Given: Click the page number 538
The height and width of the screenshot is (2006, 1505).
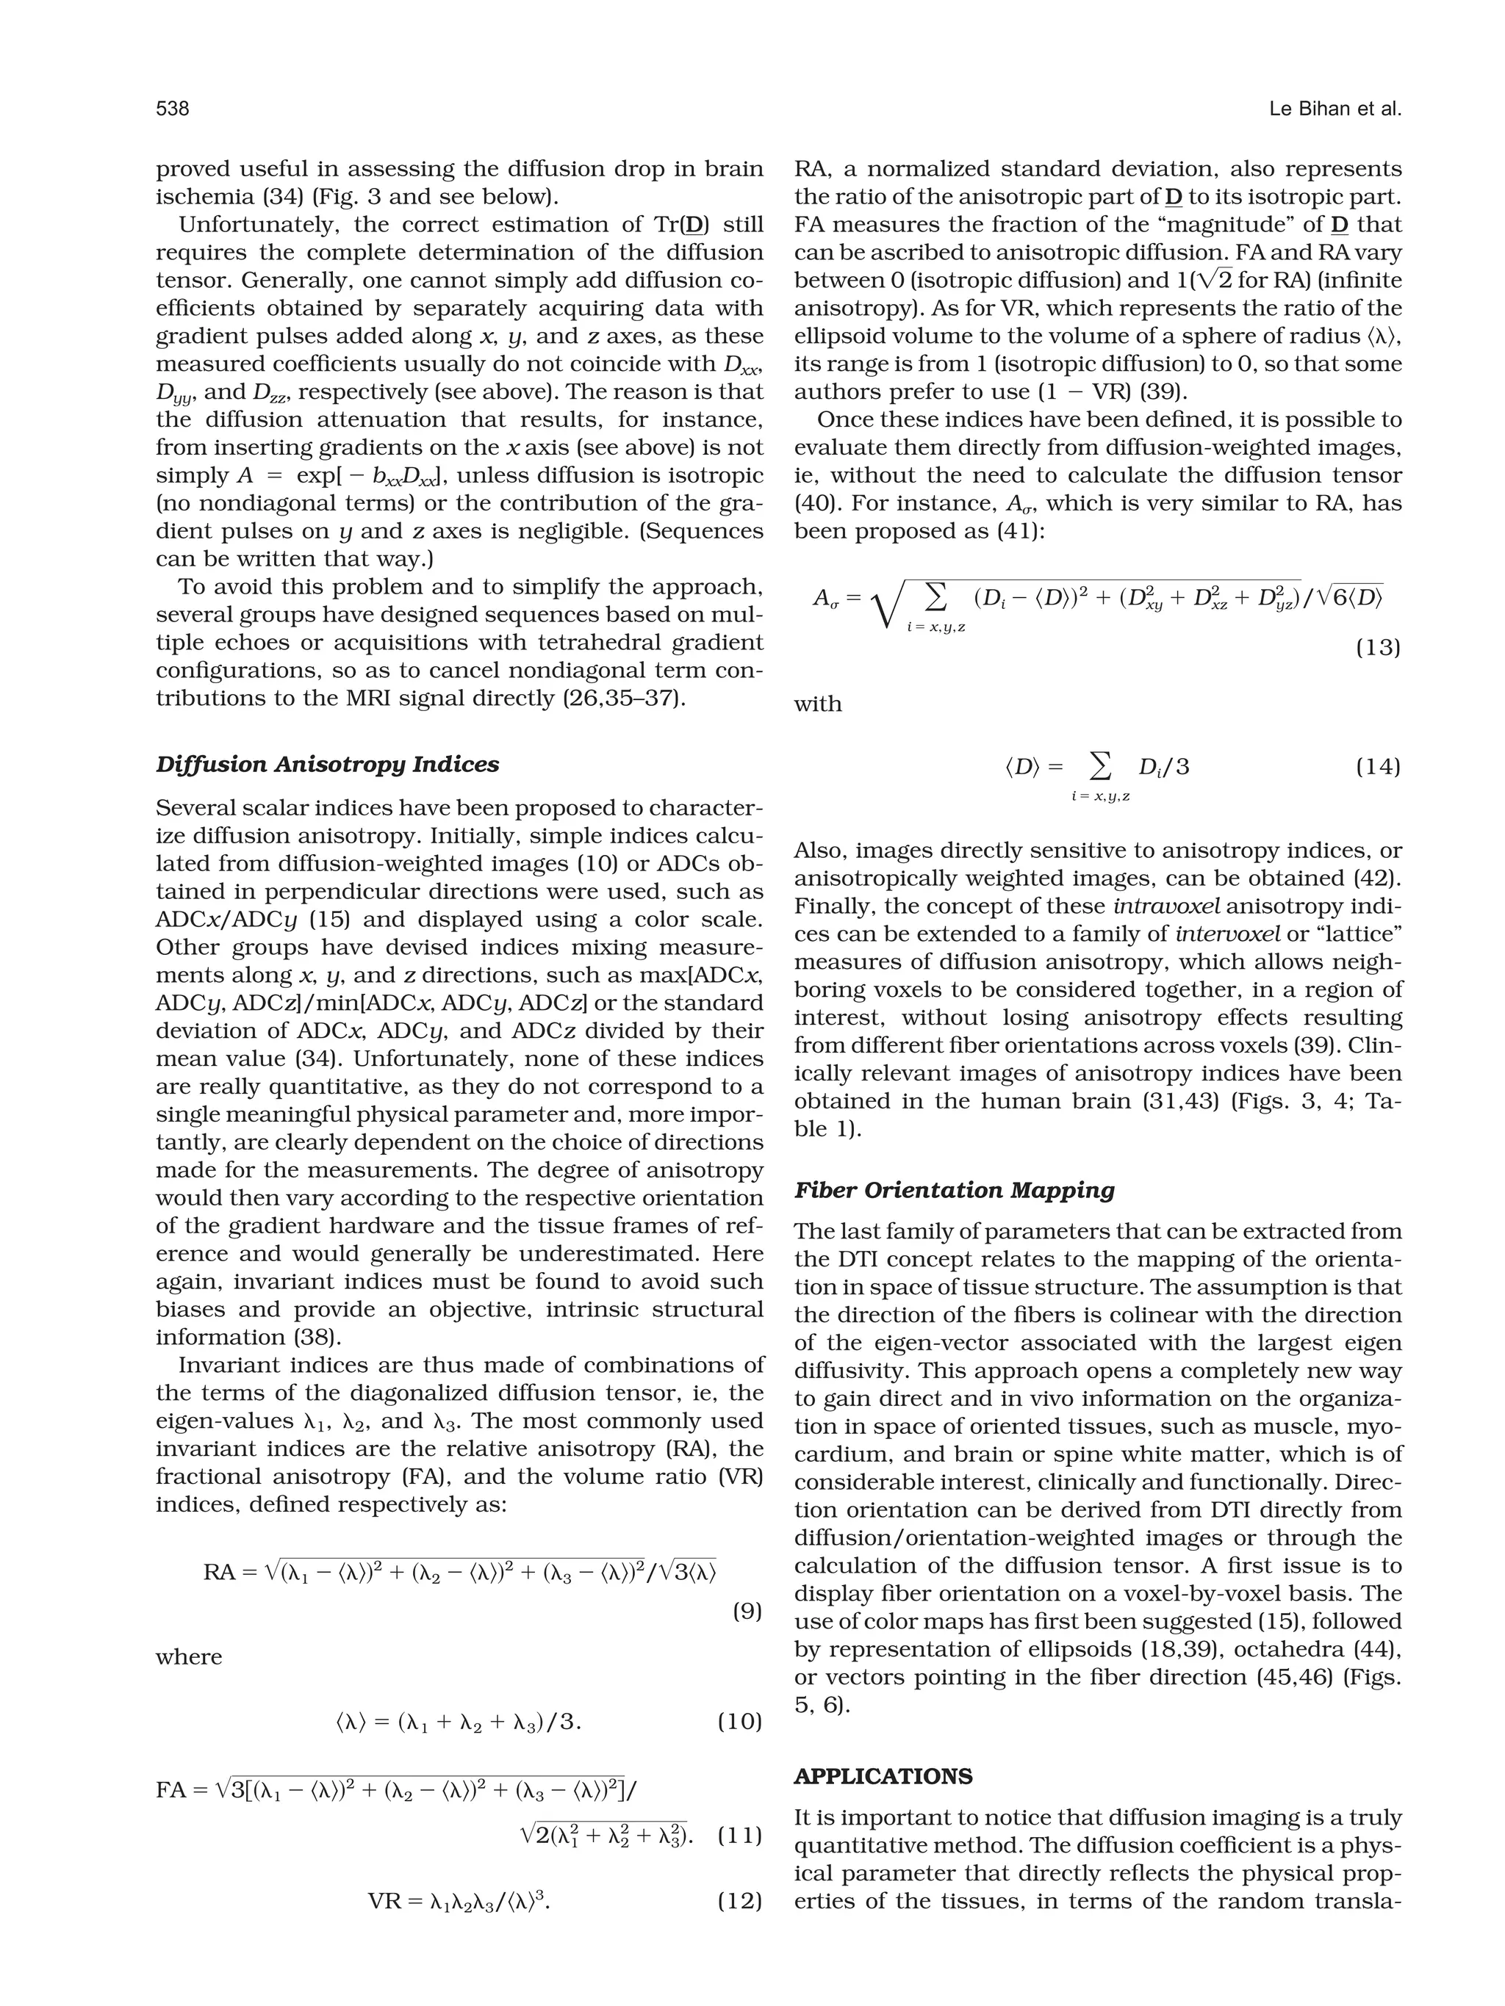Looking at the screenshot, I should [x=173, y=109].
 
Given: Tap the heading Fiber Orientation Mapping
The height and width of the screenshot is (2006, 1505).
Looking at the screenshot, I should [x=955, y=1190].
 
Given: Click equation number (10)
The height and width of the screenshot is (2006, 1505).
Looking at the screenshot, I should [x=739, y=1721].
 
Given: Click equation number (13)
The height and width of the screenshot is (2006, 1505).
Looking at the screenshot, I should [x=1378, y=648].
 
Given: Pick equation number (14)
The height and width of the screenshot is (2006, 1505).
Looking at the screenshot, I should [x=1378, y=767].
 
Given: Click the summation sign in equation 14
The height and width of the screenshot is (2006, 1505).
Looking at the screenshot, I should [x=1099, y=767].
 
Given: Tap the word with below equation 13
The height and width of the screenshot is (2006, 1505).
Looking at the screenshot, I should [x=817, y=704].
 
